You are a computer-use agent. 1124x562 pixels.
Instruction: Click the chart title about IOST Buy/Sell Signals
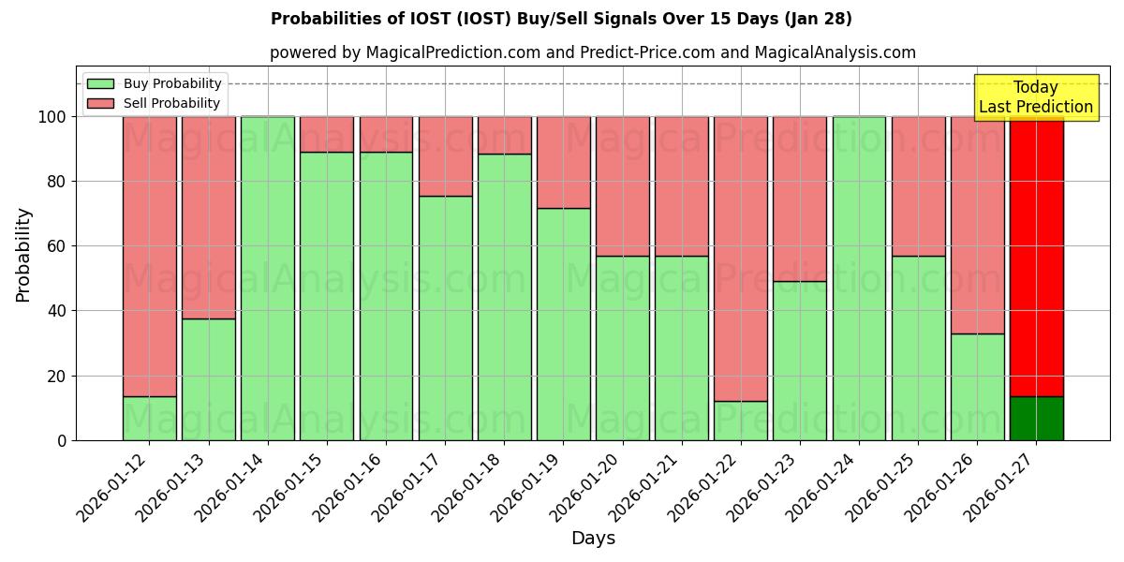coord(561,19)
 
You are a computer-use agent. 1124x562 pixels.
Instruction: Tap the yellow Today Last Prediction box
coord(1035,97)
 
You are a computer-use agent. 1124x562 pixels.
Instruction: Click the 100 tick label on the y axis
coord(52,117)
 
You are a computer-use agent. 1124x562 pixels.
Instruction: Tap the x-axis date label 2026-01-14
coord(233,491)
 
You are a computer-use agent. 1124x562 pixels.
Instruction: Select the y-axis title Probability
coord(23,254)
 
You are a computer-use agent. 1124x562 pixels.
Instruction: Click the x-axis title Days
coord(593,539)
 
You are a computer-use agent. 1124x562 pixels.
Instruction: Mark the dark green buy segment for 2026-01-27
coord(1036,419)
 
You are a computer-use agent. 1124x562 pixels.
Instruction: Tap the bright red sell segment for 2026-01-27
coord(1036,253)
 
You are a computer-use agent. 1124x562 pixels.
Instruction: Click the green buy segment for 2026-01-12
coord(149,419)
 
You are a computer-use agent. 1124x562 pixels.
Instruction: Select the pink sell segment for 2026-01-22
coord(740,258)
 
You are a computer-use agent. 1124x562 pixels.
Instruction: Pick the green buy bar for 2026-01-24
coord(859,278)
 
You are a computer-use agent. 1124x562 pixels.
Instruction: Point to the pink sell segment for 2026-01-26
coord(977,225)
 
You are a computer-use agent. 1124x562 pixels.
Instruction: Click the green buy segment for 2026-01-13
coord(208,379)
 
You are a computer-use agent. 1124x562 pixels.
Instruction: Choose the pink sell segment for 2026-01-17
coord(445,155)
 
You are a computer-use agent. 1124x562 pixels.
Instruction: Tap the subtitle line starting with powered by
coord(593,52)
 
